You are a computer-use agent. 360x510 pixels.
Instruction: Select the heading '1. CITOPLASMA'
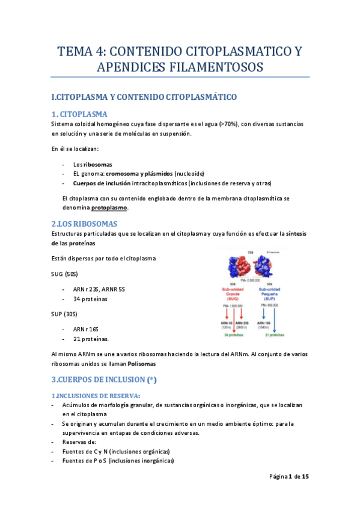click(x=80, y=114)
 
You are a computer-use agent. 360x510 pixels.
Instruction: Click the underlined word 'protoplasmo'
click(x=109, y=207)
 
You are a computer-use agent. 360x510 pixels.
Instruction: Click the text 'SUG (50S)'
click(x=65, y=274)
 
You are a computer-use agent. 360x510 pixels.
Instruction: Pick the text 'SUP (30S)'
click(x=65, y=314)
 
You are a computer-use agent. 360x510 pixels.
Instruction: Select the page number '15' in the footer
click(x=305, y=476)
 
